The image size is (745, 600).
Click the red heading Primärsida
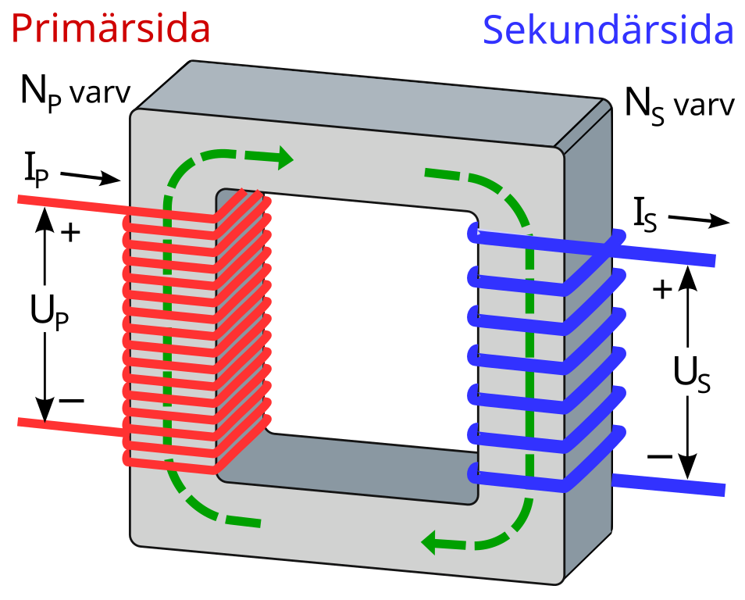click(110, 29)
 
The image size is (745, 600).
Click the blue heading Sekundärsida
click(608, 30)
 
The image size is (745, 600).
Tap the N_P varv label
click(76, 93)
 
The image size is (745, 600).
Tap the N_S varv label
click(679, 105)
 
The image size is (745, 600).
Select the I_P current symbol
click(37, 171)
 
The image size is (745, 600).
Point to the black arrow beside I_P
click(91, 177)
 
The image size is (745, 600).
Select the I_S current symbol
click(645, 215)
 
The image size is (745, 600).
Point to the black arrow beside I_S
click(698, 220)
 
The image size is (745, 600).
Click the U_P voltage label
click(49, 312)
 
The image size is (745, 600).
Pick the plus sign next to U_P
click(71, 233)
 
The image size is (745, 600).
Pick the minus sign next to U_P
click(71, 401)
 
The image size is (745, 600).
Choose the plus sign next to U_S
click(662, 289)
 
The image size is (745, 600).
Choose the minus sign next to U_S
click(660, 457)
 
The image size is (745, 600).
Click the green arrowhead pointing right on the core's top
click(284, 157)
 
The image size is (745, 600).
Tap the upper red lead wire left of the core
click(71, 205)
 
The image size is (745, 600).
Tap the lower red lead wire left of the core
click(71, 427)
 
